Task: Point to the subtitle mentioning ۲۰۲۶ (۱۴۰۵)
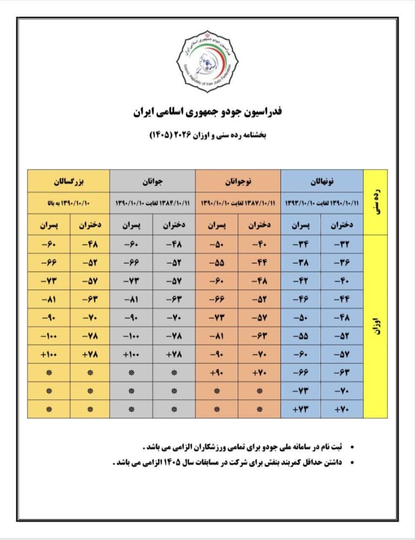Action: click(x=208, y=134)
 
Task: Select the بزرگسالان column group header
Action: click(x=68, y=181)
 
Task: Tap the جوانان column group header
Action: click(x=152, y=181)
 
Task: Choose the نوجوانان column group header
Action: click(x=238, y=181)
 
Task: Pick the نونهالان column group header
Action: click(x=323, y=181)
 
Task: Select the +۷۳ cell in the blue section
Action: click(x=300, y=409)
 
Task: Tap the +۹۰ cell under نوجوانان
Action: click(x=216, y=372)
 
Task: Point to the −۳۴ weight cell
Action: click(x=300, y=244)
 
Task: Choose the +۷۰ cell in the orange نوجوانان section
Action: click(x=259, y=372)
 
